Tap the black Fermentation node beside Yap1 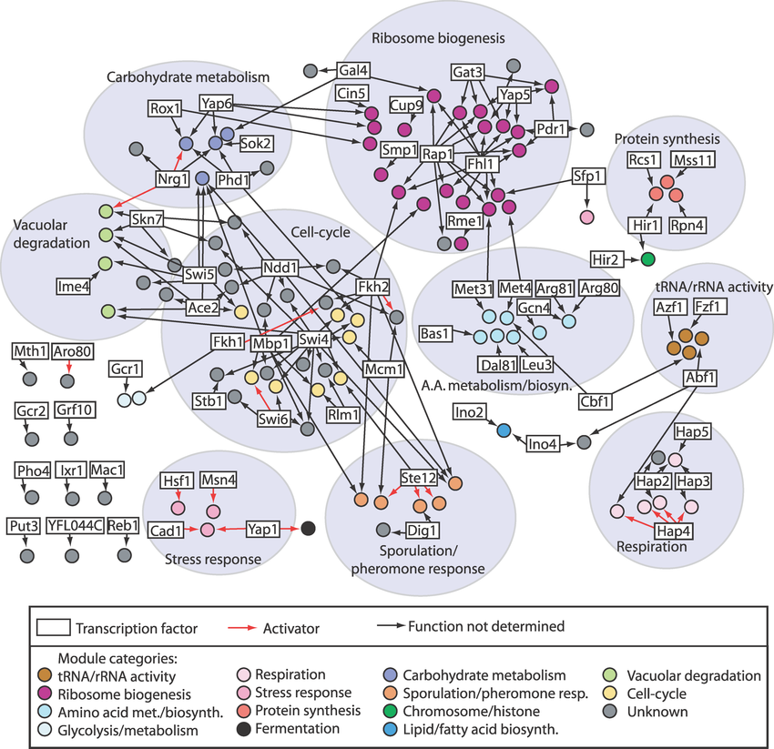[309, 528]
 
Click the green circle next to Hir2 [648, 259]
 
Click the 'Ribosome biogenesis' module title [438, 38]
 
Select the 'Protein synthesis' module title [667, 139]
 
